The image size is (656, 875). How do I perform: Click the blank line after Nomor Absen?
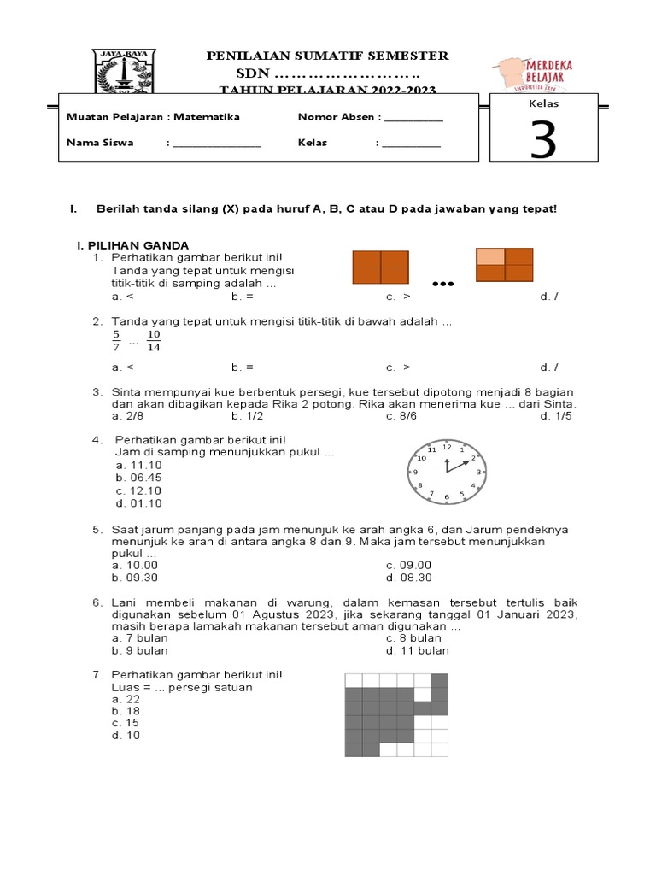click(x=413, y=118)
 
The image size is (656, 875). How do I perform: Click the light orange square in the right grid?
click(x=490, y=256)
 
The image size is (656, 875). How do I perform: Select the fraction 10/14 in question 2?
click(x=154, y=341)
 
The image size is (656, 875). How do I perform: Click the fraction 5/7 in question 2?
click(x=116, y=341)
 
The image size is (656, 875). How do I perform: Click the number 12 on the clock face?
click(x=446, y=447)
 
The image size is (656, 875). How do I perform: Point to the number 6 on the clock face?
click(x=446, y=496)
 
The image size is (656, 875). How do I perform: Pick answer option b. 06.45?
click(x=139, y=478)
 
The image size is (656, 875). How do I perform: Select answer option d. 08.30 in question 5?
click(x=409, y=578)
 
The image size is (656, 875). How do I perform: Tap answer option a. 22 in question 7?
click(x=126, y=699)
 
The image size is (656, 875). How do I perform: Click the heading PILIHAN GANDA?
click(x=132, y=246)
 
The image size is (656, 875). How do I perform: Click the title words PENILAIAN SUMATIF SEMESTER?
click(x=328, y=56)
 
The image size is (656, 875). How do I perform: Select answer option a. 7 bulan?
click(x=140, y=637)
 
